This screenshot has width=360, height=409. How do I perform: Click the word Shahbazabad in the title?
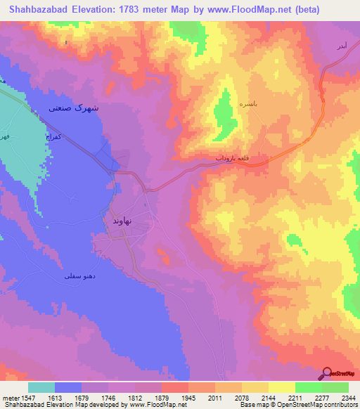38,10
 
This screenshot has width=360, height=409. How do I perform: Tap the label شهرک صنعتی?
74,108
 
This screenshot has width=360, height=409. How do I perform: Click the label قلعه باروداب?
231,159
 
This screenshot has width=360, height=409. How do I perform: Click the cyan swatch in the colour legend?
41,387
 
